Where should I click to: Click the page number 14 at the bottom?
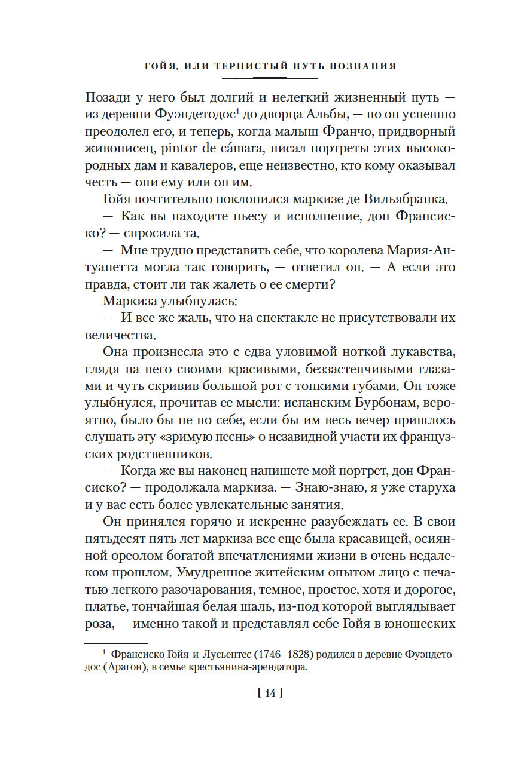pos(269,694)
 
